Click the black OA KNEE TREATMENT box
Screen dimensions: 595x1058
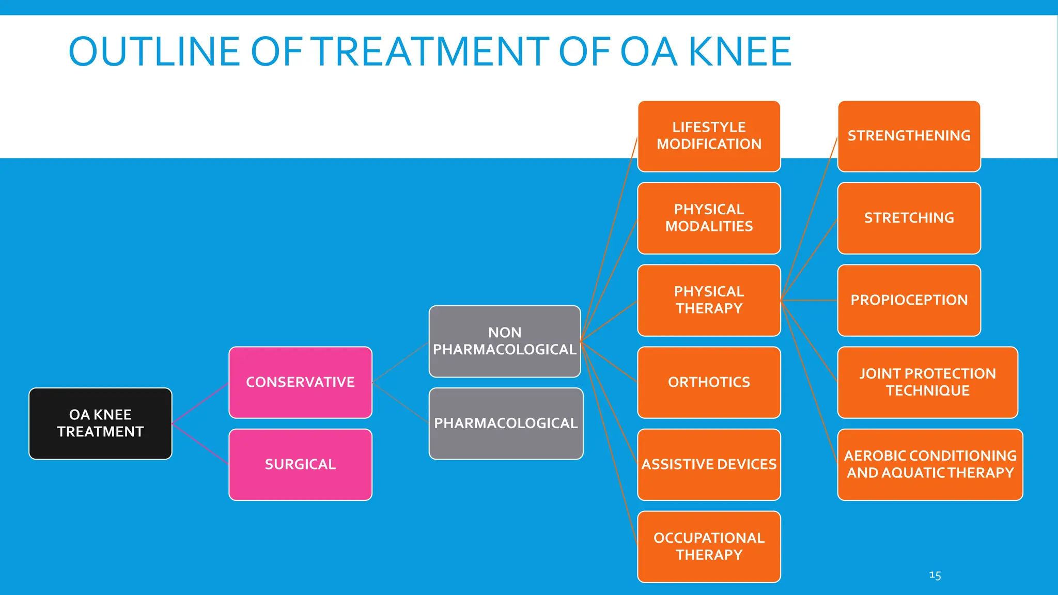pos(100,424)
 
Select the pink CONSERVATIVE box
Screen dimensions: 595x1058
pos(300,382)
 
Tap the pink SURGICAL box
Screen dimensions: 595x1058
pos(300,464)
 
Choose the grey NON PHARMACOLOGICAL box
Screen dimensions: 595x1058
pos(505,341)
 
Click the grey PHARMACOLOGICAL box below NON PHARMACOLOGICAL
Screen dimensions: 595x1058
pos(506,424)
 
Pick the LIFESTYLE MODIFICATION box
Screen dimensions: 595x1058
pos(709,136)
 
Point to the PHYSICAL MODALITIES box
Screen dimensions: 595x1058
pos(709,218)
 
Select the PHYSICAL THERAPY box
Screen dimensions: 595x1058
pos(709,300)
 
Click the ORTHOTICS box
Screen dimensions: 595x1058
pos(709,382)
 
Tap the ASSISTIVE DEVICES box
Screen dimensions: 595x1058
pos(709,464)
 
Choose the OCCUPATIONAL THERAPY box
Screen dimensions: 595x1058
pos(709,546)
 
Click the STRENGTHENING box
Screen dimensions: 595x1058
pos(909,136)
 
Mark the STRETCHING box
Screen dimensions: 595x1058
pos(909,218)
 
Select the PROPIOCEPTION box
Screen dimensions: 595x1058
pos(909,300)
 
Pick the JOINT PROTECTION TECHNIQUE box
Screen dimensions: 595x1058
pos(927,382)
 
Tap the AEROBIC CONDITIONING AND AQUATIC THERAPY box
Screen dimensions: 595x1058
pos(930,464)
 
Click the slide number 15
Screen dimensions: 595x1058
pos(935,575)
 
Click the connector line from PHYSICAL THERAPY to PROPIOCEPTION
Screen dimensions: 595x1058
pos(809,300)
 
